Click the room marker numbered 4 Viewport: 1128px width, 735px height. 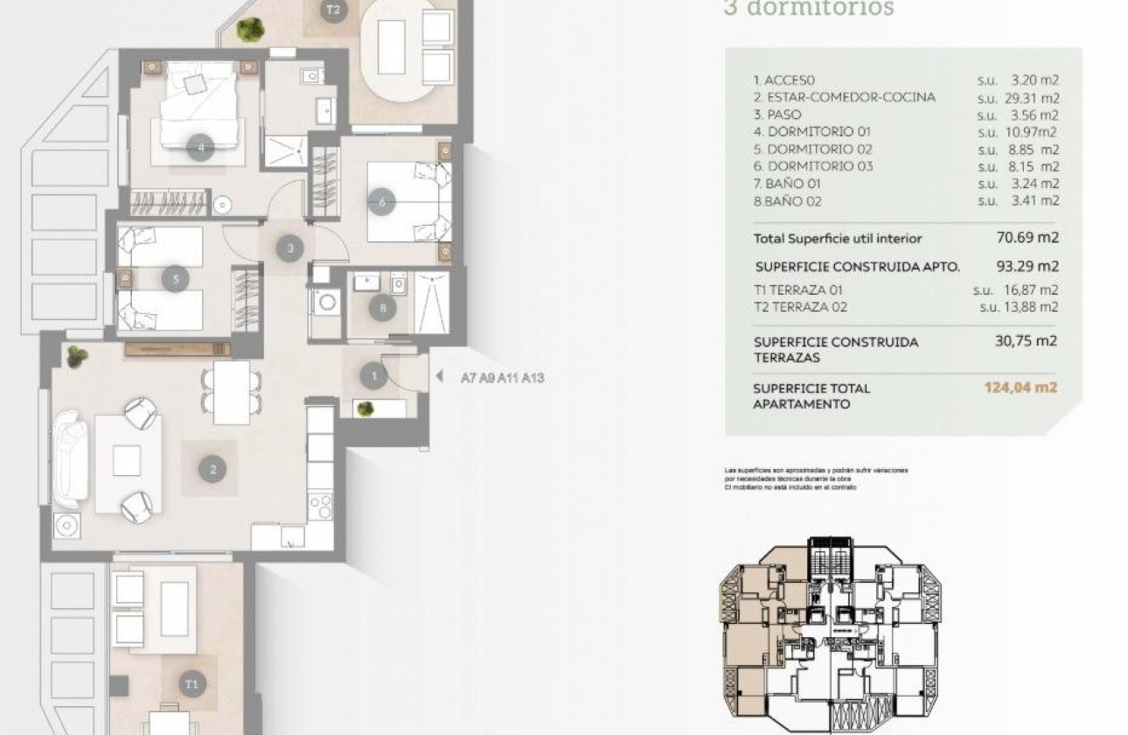(201, 148)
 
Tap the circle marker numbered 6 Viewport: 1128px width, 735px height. (382, 202)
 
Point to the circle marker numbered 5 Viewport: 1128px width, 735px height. (177, 280)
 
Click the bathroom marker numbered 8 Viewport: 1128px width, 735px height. (381, 308)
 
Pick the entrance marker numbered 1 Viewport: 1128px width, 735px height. (374, 376)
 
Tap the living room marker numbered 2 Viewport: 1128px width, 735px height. (212, 470)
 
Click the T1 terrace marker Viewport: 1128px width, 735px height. (191, 682)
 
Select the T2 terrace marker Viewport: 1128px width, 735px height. (331, 11)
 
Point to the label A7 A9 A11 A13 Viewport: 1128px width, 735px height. (502, 379)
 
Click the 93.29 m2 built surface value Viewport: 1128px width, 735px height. (1027, 266)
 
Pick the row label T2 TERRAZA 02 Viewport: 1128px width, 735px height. (800, 307)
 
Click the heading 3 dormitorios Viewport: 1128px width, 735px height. (808, 9)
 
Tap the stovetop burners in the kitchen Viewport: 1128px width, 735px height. (322, 507)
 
